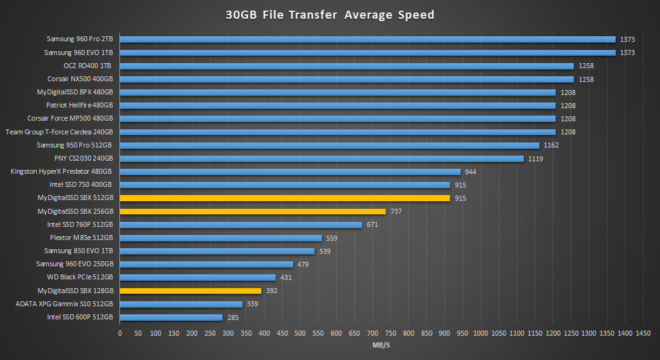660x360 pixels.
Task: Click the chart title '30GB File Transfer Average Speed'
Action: tap(330, 15)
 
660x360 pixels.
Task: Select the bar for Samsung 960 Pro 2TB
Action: tap(367, 39)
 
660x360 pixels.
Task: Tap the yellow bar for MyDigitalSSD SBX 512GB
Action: tap(284, 198)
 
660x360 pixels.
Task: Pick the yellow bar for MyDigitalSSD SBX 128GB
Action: tap(191, 291)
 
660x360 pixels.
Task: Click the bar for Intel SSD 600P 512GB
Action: tap(171, 317)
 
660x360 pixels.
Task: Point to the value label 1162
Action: tap(551, 146)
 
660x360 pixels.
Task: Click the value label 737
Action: tap(396, 212)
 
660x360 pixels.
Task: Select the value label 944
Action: tap(471, 172)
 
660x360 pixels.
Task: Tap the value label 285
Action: tap(233, 317)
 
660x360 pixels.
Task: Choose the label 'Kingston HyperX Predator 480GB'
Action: tap(62, 171)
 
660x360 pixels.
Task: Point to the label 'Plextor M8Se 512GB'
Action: tap(81, 237)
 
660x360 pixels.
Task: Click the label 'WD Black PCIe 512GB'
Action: tap(80, 277)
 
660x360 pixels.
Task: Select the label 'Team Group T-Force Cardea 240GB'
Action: tap(59, 132)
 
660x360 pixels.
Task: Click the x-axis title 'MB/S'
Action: tap(381, 346)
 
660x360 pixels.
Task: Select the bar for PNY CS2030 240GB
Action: tap(321, 159)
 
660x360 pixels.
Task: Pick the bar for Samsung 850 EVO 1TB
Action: tap(217, 251)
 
